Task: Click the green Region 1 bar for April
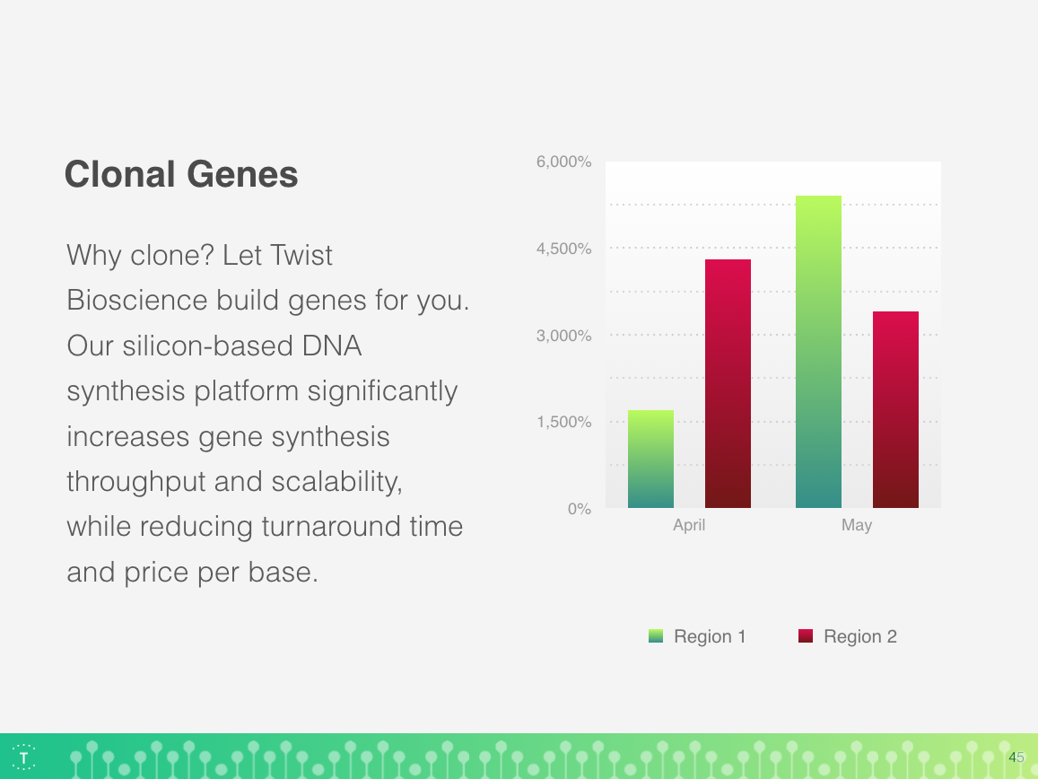tap(650, 460)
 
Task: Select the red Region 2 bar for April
tap(728, 383)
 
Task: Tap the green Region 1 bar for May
tap(818, 352)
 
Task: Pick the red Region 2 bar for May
tap(895, 409)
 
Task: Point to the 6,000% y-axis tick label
tap(564, 162)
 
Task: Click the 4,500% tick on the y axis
tap(564, 249)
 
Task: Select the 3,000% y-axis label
tap(564, 335)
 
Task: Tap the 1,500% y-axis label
tap(564, 422)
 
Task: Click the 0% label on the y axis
tap(580, 509)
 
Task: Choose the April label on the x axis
tap(689, 525)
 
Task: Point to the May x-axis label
tap(857, 525)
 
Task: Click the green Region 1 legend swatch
tap(656, 636)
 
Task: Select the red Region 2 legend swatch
tap(806, 636)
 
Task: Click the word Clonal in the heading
tap(120, 174)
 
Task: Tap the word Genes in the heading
tap(242, 174)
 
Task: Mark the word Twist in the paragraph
tap(301, 255)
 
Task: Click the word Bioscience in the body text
tap(137, 300)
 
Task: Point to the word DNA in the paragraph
tap(332, 346)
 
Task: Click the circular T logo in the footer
tap(24, 757)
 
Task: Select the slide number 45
tap(1016, 757)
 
